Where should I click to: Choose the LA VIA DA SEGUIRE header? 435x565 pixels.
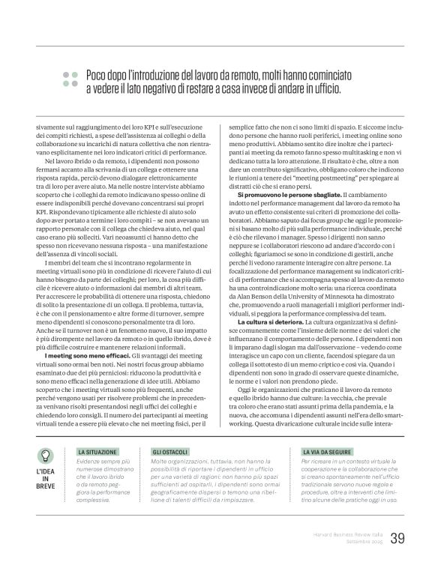pos(325,453)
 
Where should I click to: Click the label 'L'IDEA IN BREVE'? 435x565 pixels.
pos(46,480)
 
